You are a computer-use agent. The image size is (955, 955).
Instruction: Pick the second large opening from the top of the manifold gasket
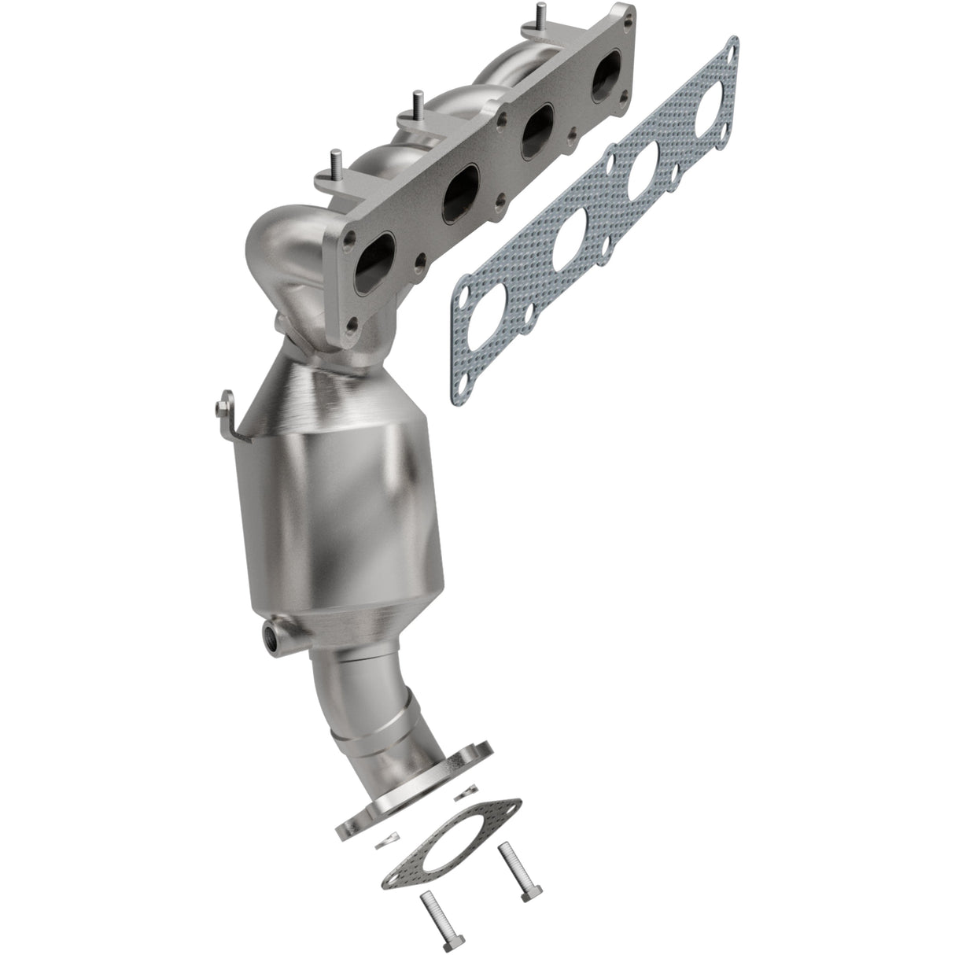(x=647, y=174)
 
